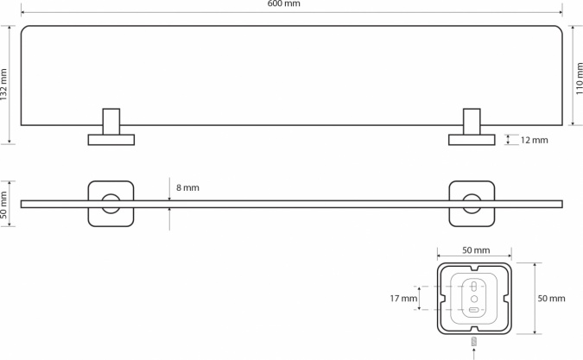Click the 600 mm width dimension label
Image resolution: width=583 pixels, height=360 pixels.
(283, 3)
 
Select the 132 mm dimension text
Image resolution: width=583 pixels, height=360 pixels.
(3, 85)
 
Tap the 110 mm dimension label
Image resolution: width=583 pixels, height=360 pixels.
(579, 79)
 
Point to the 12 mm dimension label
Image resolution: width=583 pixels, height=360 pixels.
(535, 140)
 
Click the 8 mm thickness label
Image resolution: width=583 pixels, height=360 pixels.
(187, 187)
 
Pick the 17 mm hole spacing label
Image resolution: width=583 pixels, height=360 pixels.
(403, 298)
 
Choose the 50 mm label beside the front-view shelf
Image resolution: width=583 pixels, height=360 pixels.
(3, 205)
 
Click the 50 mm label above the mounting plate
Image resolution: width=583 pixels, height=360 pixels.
(476, 250)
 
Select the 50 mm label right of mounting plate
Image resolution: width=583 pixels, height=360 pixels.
(551, 298)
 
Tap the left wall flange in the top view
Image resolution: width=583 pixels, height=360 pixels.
(111, 140)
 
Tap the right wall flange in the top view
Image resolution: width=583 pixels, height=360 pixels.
(472, 140)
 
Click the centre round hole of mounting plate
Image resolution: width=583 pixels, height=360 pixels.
(474, 299)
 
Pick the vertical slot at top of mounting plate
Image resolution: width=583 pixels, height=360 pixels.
(473, 287)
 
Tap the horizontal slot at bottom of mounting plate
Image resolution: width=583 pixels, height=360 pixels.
(473, 310)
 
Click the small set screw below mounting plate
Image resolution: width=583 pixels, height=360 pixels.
(473, 341)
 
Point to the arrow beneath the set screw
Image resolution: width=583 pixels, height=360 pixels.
(473, 354)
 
